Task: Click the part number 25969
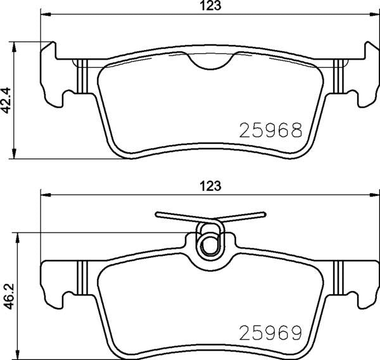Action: [269, 331]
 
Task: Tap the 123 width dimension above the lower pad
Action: [210, 186]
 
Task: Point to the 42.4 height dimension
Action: [8, 100]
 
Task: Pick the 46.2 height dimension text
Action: [8, 295]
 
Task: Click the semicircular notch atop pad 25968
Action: [212, 60]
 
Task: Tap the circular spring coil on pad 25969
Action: [209, 245]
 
